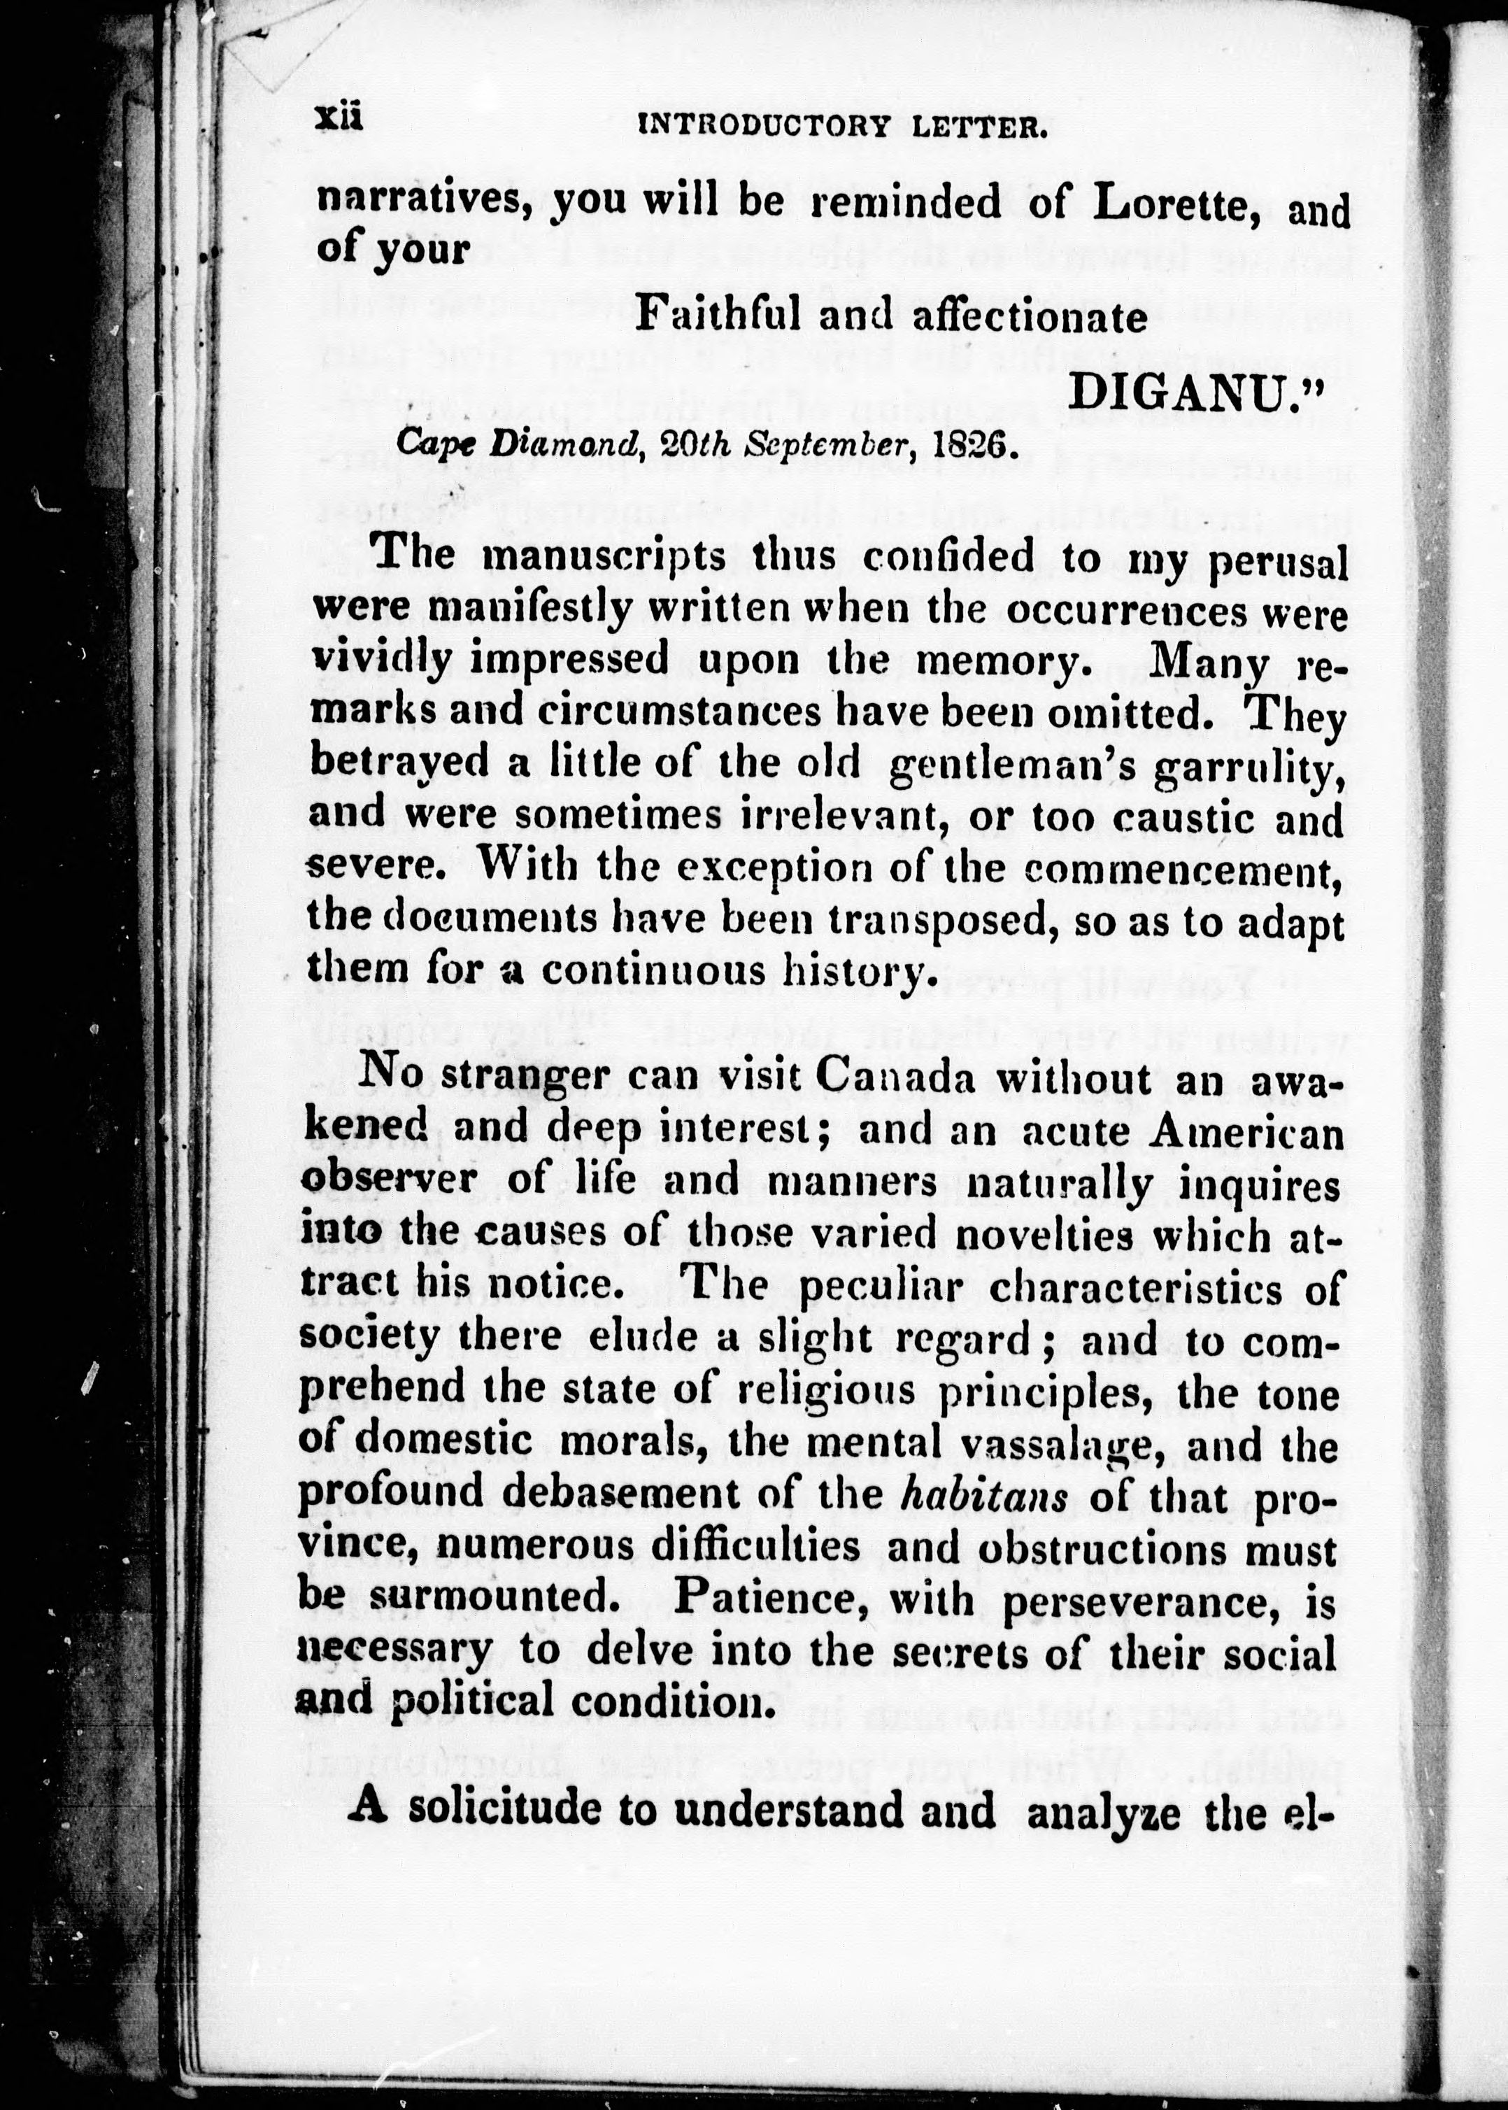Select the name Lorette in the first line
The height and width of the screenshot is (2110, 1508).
tap(1174, 204)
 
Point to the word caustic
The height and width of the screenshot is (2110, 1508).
tap(1183, 817)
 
